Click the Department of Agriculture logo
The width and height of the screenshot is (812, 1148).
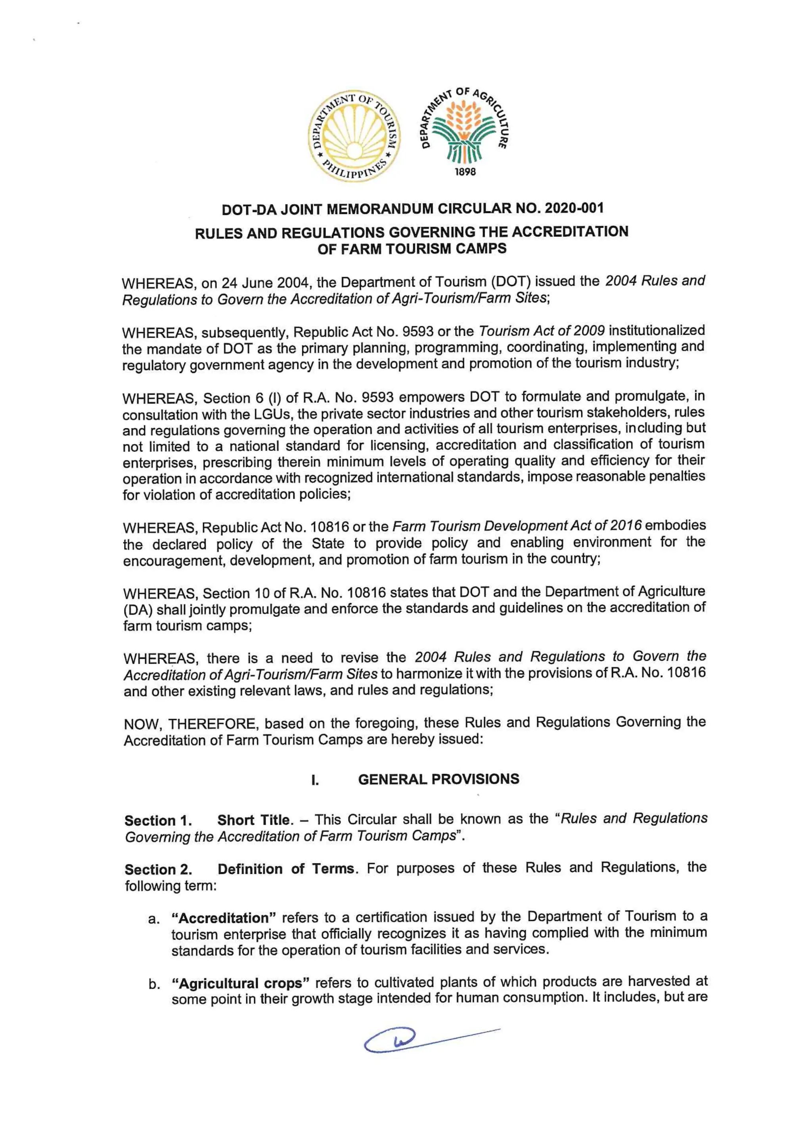tap(465, 131)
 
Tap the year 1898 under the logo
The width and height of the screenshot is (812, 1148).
tap(465, 172)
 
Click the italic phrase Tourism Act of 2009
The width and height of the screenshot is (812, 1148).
tap(541, 331)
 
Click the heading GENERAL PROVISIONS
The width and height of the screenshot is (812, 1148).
tap(438, 779)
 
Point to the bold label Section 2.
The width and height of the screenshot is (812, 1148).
tap(158, 869)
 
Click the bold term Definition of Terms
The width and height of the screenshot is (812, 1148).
tap(288, 869)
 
